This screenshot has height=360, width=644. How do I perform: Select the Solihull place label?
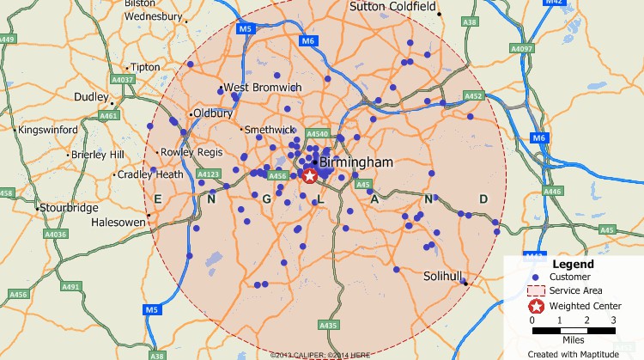click(444, 277)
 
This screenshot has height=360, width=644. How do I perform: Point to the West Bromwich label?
click(263, 88)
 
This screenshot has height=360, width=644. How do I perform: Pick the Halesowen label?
click(118, 222)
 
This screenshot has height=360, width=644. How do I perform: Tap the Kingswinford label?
click(48, 130)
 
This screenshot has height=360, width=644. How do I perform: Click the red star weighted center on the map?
click(310, 175)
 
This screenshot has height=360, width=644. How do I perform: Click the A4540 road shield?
click(318, 134)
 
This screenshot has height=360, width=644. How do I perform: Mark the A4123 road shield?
click(209, 174)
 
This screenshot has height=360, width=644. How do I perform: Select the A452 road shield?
click(474, 96)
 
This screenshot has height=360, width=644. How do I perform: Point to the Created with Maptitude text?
click(573, 353)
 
